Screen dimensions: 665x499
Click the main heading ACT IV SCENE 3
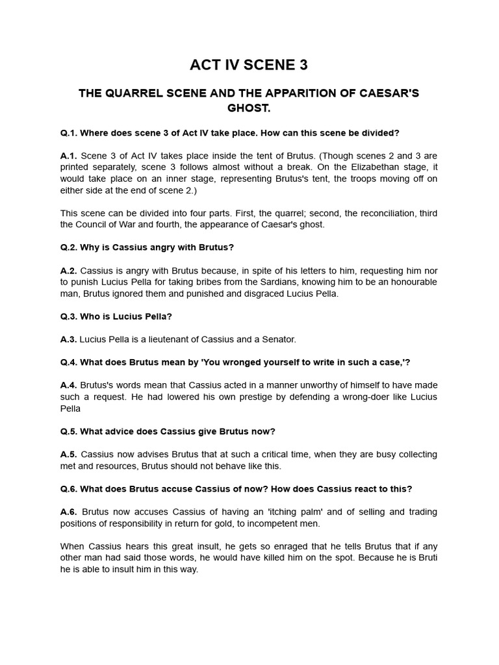tap(249, 65)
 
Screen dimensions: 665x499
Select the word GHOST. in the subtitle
tap(249, 108)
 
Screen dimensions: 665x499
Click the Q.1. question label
tap(69, 132)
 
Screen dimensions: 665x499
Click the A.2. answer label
tap(68, 270)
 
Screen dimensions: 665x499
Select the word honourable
tap(408, 282)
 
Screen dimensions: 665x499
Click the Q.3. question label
tap(69, 316)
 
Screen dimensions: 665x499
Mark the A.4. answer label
tap(68, 385)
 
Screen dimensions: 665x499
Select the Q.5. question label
tap(69, 431)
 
